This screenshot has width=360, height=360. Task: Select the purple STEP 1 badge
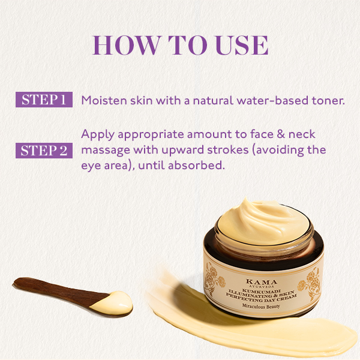pyautogui.click(x=44, y=100)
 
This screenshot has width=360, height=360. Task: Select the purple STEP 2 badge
pyautogui.click(x=44, y=150)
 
